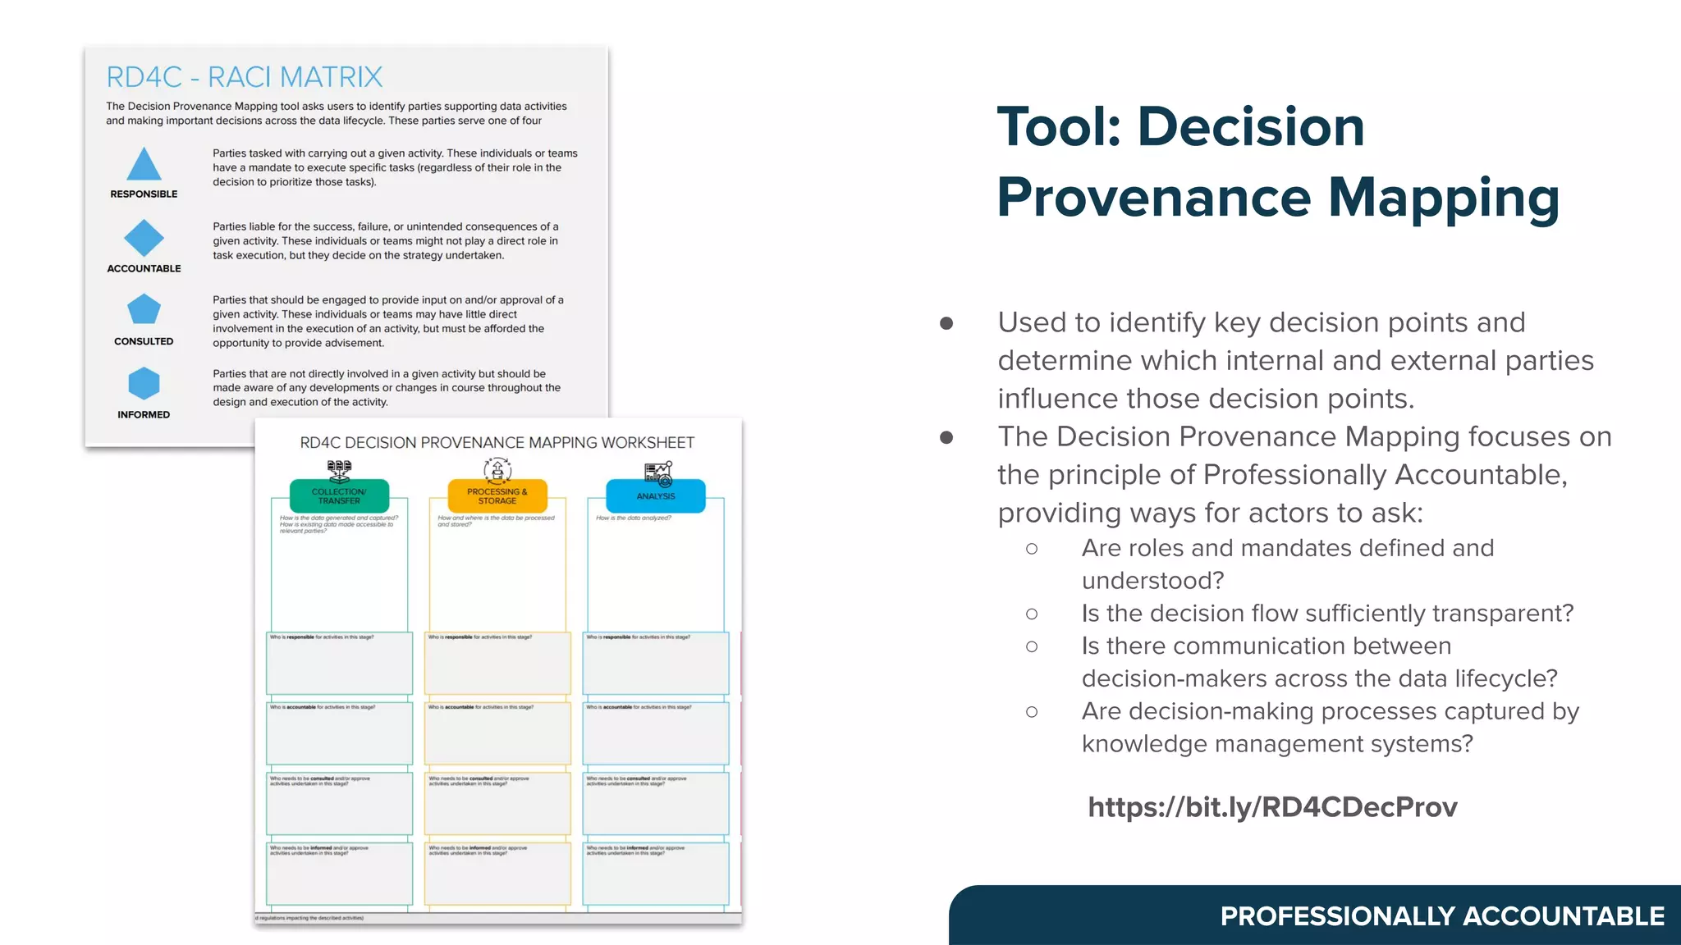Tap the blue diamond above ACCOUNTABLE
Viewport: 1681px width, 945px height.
tap(144, 238)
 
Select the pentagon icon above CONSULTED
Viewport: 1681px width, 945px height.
tap(144, 310)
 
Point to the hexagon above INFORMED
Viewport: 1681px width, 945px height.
tap(144, 383)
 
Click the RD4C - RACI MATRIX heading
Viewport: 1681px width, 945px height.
tap(245, 77)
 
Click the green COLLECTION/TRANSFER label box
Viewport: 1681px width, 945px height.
tap(339, 496)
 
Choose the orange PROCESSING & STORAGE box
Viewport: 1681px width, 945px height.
tap(497, 496)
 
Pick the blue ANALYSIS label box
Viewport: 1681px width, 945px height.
tap(655, 496)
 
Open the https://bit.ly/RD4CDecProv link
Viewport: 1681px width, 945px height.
tap(1272, 807)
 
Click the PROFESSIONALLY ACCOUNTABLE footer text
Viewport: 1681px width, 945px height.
tap(1442, 916)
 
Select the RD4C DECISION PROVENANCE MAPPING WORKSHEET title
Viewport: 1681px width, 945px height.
tap(497, 443)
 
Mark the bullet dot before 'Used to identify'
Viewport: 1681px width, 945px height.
tap(946, 323)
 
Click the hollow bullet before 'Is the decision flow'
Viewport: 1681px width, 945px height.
tap(1032, 614)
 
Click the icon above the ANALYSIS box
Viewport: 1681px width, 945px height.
tap(658, 473)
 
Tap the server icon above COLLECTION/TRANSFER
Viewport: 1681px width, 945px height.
tap(339, 470)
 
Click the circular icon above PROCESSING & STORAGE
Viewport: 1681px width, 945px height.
tap(497, 470)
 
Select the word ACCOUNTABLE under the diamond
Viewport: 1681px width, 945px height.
tap(144, 268)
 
